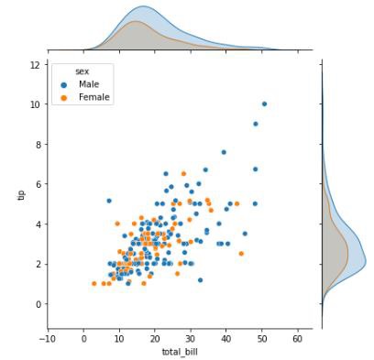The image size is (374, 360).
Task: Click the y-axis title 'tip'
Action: [x=20, y=195]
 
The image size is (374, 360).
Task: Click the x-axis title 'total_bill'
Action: [x=179, y=352]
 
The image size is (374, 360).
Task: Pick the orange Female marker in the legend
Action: [x=63, y=96]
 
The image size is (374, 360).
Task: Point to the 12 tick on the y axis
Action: [x=34, y=64]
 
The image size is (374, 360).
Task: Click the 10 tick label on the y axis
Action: [x=34, y=104]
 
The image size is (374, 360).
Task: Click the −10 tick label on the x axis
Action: [x=47, y=338]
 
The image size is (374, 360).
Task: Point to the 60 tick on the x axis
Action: [x=297, y=338]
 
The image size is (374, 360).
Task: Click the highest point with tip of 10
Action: [x=264, y=104]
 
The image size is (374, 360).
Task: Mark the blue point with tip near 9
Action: [x=256, y=124]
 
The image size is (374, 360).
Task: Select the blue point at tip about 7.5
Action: [x=224, y=152]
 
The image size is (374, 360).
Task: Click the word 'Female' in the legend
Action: [x=94, y=96]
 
